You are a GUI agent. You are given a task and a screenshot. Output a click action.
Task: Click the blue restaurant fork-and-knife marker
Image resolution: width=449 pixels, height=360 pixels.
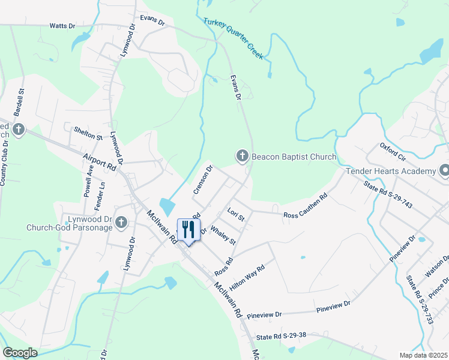(188, 230)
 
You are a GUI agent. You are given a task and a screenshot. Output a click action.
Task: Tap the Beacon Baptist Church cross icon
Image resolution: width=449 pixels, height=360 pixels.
(243, 157)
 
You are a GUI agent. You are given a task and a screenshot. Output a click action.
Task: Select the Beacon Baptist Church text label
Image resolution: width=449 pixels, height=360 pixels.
(294, 157)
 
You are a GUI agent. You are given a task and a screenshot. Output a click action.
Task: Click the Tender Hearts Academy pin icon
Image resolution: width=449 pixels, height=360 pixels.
(444, 172)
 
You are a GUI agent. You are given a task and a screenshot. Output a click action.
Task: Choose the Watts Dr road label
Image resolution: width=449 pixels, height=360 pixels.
(62, 26)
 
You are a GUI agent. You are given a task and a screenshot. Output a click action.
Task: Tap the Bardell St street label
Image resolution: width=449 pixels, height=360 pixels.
(20, 103)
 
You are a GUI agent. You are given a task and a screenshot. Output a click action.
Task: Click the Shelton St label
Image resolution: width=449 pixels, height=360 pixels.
(88, 133)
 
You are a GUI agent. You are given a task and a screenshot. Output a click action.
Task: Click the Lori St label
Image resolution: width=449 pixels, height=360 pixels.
(237, 214)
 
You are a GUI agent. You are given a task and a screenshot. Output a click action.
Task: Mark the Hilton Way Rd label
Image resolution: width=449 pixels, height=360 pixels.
(247, 279)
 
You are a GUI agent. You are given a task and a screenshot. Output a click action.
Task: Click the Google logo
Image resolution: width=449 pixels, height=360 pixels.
(20, 352)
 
